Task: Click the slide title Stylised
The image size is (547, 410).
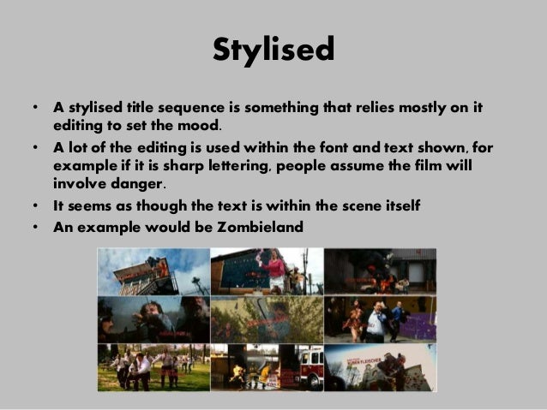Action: (273, 50)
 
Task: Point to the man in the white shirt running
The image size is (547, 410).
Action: (374, 320)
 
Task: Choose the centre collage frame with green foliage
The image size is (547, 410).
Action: (267, 318)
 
